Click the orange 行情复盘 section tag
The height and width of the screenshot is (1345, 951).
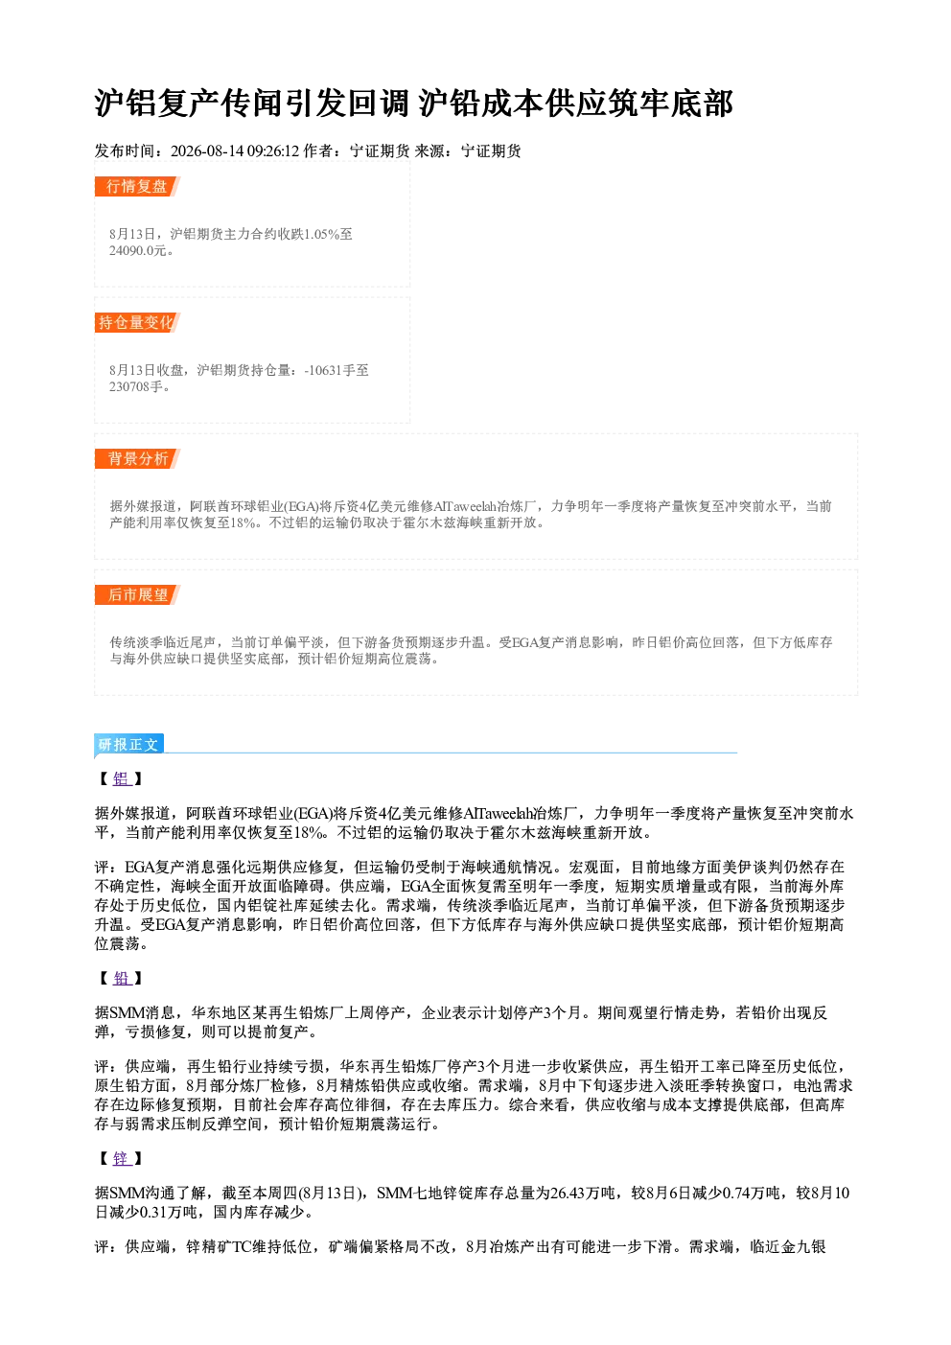[137, 186]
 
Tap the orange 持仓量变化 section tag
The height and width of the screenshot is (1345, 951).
[137, 322]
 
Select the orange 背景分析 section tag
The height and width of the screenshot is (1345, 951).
[137, 459]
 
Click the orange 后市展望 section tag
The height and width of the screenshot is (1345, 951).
[137, 595]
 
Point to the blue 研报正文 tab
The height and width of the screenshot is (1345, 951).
[128, 745]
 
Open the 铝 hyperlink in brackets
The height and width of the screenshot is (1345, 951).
[122, 778]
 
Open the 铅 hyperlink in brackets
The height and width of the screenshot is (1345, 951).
[122, 978]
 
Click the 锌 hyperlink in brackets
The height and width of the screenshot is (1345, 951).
[122, 1158]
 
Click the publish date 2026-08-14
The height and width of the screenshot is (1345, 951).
[207, 151]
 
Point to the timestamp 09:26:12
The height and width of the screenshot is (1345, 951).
[273, 151]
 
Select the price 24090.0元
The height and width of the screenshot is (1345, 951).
[137, 251]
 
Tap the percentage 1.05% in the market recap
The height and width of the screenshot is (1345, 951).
[322, 234]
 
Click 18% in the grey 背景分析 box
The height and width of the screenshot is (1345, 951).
[243, 523]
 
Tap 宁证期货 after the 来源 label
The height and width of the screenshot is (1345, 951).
[491, 151]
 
